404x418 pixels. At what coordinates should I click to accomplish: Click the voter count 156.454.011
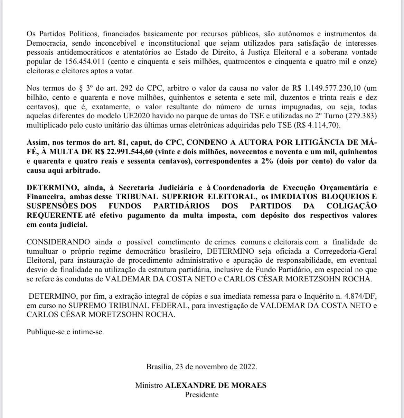pyautogui.click(x=85, y=62)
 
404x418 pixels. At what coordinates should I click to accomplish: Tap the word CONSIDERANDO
pyautogui.click(x=58, y=242)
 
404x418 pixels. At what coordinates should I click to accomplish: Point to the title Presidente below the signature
pyautogui.click(x=202, y=394)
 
